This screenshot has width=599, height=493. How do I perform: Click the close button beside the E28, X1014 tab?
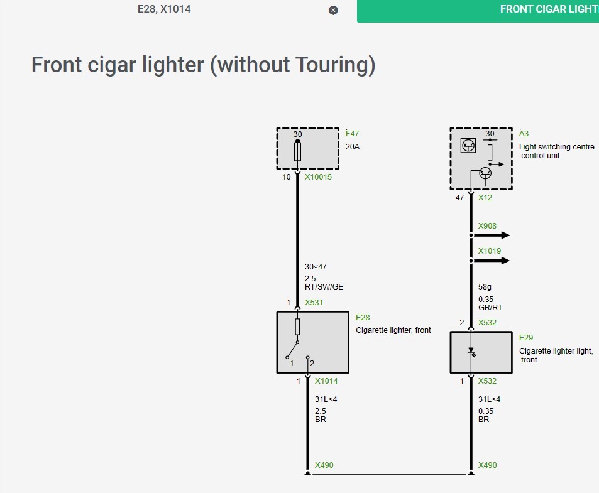coord(333,10)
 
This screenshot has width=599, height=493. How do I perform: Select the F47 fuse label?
coord(352,134)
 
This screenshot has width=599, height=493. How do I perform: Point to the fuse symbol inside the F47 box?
coord(298,151)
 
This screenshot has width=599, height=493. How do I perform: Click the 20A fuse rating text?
coord(352,147)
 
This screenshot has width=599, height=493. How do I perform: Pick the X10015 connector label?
coord(318,177)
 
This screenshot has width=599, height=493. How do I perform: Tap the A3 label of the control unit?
coord(524,134)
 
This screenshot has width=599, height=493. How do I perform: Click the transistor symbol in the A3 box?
coord(485,173)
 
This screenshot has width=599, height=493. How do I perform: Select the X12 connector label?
coord(485,197)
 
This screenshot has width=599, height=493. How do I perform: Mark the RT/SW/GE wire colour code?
coord(324,286)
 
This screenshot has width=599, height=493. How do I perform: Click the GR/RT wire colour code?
coord(490,308)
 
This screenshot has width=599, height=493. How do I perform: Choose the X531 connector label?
coord(314,303)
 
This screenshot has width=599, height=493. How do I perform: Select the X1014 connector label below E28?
coord(326,381)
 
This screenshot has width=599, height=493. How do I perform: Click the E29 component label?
coord(526,338)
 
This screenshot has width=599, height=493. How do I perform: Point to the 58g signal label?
coord(485,287)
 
